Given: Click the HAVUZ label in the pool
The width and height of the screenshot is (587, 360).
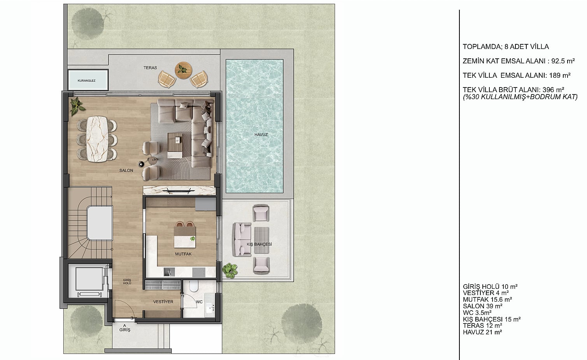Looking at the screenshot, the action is (x=261, y=135).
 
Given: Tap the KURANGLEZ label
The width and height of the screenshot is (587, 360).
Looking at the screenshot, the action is (x=86, y=80).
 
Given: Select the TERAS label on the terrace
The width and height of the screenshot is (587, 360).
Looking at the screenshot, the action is (x=150, y=68).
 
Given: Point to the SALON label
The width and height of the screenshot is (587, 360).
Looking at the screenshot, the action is (x=126, y=170).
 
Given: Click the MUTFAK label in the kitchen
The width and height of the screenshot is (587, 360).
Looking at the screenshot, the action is (x=183, y=254).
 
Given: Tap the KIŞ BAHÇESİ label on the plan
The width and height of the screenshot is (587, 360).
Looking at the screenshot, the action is (x=259, y=244).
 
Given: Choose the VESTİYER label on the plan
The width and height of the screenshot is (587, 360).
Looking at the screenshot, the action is (x=163, y=302).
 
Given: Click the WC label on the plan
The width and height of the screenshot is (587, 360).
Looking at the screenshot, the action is (x=199, y=302).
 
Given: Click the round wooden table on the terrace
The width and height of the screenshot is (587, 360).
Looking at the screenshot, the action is (x=184, y=70).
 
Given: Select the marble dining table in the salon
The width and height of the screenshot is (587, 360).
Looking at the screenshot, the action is (x=97, y=139).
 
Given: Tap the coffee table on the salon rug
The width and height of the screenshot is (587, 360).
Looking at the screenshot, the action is (x=175, y=145).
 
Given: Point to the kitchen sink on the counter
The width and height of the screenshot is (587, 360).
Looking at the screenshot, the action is (x=169, y=272).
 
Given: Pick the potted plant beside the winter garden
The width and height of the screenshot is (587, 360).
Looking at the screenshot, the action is (x=230, y=271).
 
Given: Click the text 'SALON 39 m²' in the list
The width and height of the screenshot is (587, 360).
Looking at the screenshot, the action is (x=482, y=306).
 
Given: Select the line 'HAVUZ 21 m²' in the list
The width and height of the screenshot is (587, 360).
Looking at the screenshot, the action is (x=482, y=332).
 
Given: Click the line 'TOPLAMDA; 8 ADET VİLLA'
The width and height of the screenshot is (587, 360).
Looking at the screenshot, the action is (x=506, y=47).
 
